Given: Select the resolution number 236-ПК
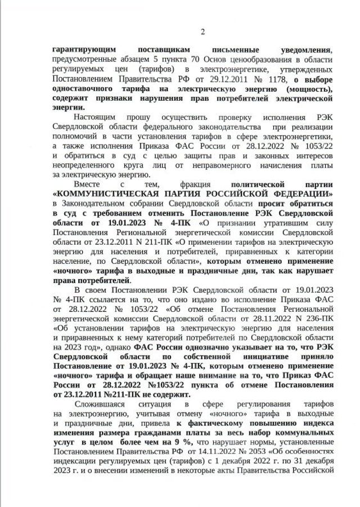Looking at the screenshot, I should [x=318, y=318].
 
